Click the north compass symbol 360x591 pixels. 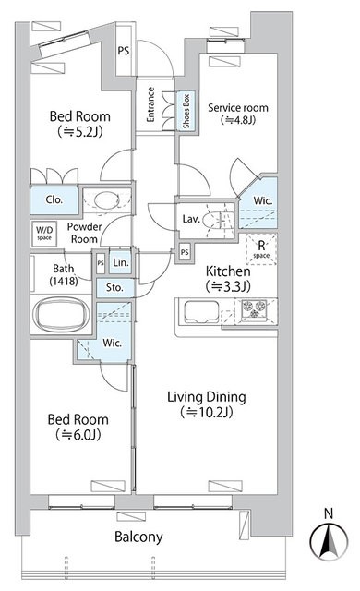329,541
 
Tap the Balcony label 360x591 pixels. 138,537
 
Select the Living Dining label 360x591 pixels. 207,397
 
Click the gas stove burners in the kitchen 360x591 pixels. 254,309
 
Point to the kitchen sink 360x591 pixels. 201,312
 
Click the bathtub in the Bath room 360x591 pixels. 61,314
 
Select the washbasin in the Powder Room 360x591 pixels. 106,200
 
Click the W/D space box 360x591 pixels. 44,233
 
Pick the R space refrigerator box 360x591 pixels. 261,249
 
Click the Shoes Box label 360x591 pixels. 186,111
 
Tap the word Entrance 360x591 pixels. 150,104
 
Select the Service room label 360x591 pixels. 238,108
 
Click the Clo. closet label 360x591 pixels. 54,199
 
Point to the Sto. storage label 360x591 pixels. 114,287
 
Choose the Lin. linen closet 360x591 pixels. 121,262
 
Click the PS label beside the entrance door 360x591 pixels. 123,50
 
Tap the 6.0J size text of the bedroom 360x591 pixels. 78,435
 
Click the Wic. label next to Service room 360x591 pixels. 262,200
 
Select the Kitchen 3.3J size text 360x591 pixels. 228,287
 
